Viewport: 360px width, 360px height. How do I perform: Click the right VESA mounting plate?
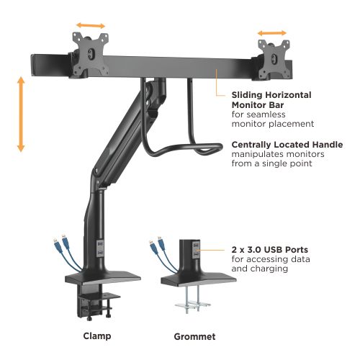pyautogui.click(x=274, y=59)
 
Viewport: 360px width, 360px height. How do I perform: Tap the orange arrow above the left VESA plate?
pyautogui.click(x=91, y=25)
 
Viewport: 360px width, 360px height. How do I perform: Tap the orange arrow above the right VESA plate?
pyautogui.click(x=272, y=33)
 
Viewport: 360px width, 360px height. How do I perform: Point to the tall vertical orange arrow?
pyautogui.click(x=21, y=114)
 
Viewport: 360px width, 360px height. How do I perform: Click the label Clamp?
pyautogui.click(x=97, y=336)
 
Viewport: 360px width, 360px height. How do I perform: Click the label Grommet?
pyautogui.click(x=194, y=336)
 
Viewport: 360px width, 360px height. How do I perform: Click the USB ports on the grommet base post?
pyautogui.click(x=196, y=250)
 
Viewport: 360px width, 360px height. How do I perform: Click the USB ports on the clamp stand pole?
pyautogui.click(x=100, y=248)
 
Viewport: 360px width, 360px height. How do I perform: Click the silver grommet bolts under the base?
pyautogui.click(x=193, y=300)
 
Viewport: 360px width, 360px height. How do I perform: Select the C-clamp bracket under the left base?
pyautogui.click(x=96, y=302)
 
